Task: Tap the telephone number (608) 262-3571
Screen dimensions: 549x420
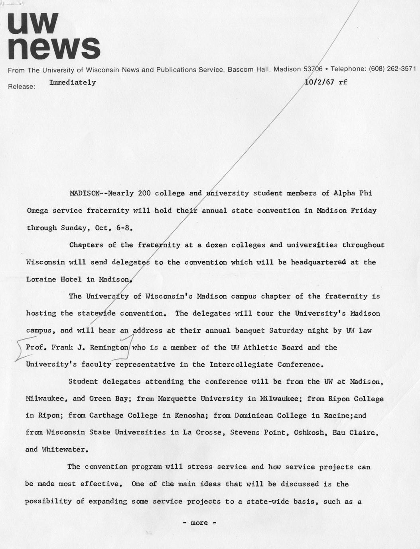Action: coord(392,68)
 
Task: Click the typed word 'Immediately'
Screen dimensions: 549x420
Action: coord(72,82)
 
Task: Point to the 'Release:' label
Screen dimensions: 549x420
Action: coord(22,86)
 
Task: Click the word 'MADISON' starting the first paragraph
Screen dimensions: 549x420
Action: coord(85,193)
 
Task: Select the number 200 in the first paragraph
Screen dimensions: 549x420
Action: coord(144,193)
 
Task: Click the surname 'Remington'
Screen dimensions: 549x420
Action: coord(109,348)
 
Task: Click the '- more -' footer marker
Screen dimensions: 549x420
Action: coord(199,523)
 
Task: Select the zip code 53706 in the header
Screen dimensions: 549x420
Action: coord(313,69)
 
